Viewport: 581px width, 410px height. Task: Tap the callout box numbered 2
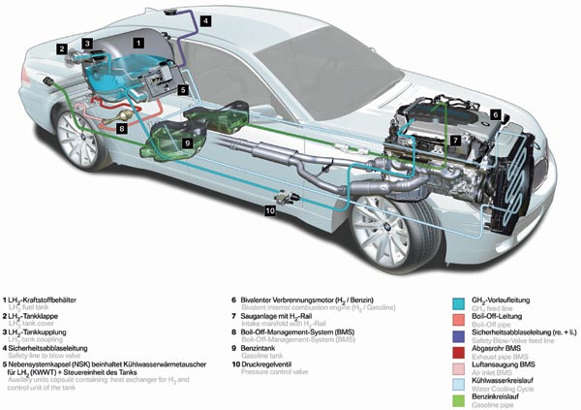(x=61, y=48)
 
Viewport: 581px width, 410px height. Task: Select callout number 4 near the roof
(x=205, y=19)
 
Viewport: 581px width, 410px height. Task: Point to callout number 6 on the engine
(x=495, y=114)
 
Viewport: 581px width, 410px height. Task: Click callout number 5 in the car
(x=181, y=89)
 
